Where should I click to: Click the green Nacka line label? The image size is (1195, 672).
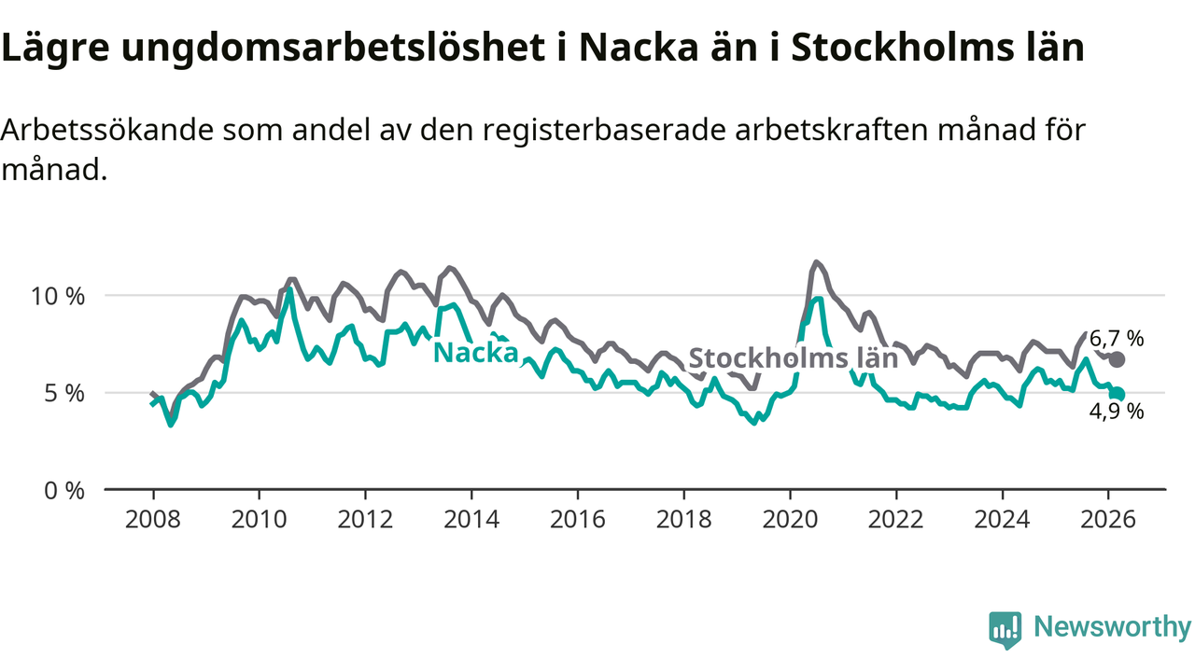pos(476,353)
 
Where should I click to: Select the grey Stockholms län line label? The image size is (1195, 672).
pos(793,359)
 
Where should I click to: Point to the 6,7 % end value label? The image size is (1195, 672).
pos(1116,339)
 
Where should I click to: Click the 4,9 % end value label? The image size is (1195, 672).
pos(1116,412)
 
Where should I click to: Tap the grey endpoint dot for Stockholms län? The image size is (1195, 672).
pos(1118,359)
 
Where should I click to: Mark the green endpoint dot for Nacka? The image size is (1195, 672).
pos(1118,394)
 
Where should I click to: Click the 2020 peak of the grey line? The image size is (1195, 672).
pos(817,262)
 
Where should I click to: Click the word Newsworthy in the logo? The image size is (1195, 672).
pos(1112,627)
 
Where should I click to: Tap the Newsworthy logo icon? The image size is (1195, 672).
pos(1005,629)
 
